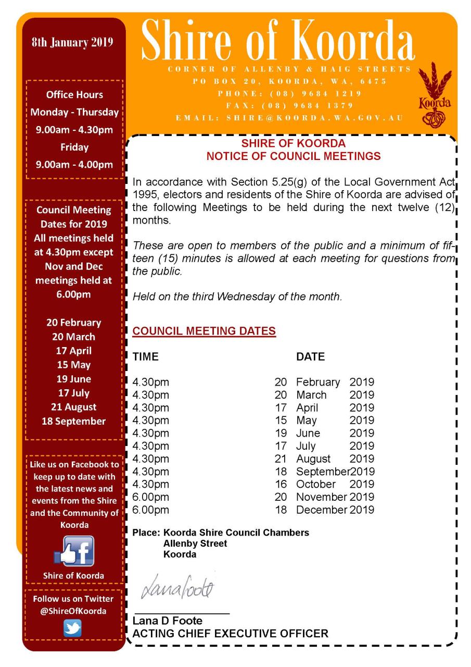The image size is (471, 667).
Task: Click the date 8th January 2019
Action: pyautogui.click(x=72, y=43)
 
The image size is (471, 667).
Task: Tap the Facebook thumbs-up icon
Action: pyautogui.click(x=74, y=552)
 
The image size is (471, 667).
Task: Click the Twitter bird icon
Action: pyautogui.click(x=73, y=627)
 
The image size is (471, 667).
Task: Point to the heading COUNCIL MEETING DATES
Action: pyautogui.click(x=204, y=331)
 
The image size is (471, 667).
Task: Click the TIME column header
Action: pyautogui.click(x=146, y=357)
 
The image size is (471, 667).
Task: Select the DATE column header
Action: pyautogui.click(x=310, y=357)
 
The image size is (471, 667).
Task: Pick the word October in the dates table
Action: pyautogui.click(x=316, y=484)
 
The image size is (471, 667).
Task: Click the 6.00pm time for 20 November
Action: pyautogui.click(x=151, y=497)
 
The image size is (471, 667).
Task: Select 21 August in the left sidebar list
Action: pyautogui.click(x=74, y=407)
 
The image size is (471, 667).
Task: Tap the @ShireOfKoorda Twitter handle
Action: pyautogui.click(x=73, y=611)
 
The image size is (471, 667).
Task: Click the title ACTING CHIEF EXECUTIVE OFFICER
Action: pyautogui.click(x=231, y=634)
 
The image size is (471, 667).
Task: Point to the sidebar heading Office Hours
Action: pyautogui.click(x=74, y=95)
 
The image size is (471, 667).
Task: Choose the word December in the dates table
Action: pyautogui.click(x=321, y=510)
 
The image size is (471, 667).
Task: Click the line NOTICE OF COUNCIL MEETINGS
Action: pyautogui.click(x=294, y=156)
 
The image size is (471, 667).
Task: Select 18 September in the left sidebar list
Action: pyautogui.click(x=74, y=421)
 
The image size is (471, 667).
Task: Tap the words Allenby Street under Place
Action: pyautogui.click(x=195, y=544)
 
